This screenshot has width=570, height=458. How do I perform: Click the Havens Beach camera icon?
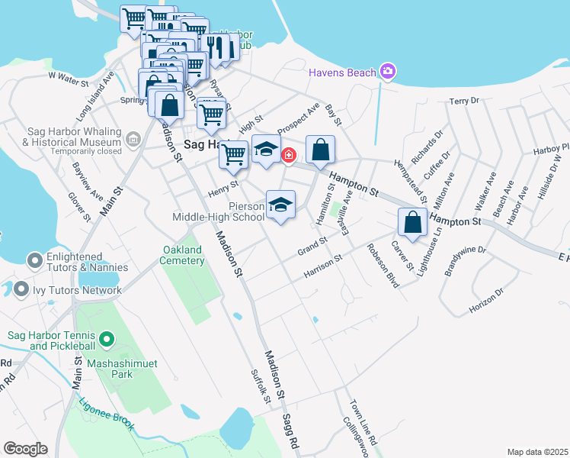pos(389,72)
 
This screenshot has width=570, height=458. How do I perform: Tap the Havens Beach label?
pos(343,73)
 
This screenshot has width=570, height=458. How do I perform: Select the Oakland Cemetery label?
pos(183,255)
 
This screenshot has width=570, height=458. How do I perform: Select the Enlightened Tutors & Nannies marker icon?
pos(34,262)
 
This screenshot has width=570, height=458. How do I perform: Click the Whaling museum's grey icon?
pos(133,139)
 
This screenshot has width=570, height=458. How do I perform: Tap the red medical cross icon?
pos(289,156)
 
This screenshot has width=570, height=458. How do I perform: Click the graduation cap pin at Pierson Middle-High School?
pos(280,205)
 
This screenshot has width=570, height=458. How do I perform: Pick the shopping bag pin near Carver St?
pos(412,222)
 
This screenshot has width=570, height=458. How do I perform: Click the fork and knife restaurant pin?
pos(215,47)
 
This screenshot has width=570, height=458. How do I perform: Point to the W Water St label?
pos(68,76)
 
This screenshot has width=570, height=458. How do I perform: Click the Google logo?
pos(25,449)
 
